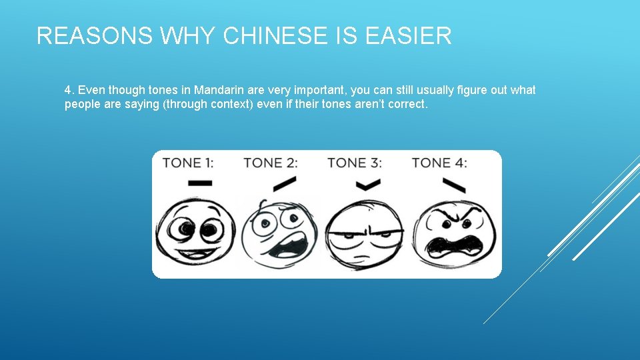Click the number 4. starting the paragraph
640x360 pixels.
click(69, 90)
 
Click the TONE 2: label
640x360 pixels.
click(271, 163)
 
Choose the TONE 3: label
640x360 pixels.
click(355, 163)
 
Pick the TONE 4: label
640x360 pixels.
click(439, 163)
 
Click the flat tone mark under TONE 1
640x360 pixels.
click(200, 183)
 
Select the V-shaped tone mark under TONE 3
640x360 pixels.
click(364, 185)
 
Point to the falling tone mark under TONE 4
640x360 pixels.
click(454, 183)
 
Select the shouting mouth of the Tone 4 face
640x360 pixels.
click(455, 245)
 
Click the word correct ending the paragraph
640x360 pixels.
click(406, 105)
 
